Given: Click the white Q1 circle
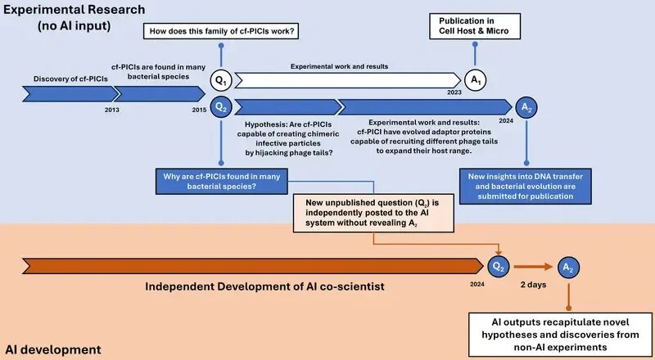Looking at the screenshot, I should [219, 80].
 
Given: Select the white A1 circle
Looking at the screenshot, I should [475, 80].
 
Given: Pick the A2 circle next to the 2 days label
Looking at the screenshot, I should [567, 267].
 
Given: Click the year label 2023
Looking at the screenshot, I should [454, 93].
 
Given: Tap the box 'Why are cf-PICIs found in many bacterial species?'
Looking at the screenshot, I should [219, 182].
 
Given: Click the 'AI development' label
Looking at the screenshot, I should [53, 349].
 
